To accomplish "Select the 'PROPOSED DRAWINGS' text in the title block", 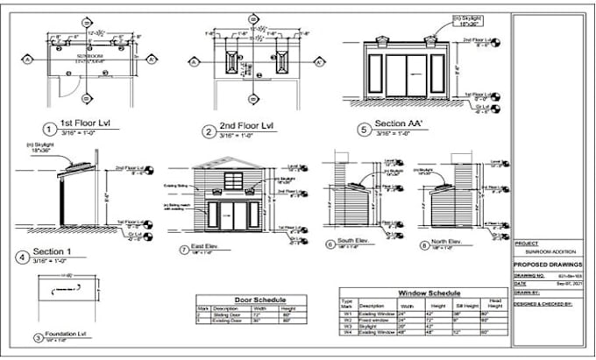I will point(548,263).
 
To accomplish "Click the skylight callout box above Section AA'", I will point(469,21).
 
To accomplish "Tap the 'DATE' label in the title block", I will point(521,283).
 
